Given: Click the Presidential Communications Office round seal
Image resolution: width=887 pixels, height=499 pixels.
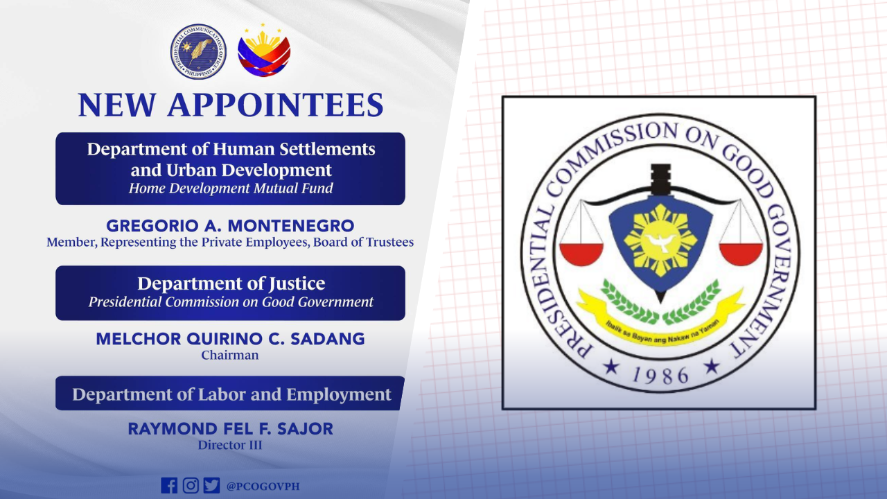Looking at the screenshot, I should click(198, 51).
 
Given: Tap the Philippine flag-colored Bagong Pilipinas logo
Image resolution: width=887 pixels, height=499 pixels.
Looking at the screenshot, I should click(264, 51).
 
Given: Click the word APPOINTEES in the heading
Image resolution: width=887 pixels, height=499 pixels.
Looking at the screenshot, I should click(275, 105).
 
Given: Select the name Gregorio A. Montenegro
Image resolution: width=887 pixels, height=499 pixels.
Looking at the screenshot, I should click(230, 226).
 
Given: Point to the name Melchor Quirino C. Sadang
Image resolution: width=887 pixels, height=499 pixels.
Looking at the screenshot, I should click(230, 340).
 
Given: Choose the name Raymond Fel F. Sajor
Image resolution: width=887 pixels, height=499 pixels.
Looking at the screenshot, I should click(230, 429).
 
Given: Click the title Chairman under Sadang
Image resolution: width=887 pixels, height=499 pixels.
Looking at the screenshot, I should click(230, 356).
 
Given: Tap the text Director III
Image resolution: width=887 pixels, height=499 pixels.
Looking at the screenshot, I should click(230, 445).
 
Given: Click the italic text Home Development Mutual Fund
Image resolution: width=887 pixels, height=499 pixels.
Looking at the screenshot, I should click(231, 189).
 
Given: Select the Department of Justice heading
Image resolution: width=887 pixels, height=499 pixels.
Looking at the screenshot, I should click(231, 283).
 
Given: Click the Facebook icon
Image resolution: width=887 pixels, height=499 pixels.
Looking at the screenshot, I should click(168, 485).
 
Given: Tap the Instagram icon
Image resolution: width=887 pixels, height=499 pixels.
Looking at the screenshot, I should click(191, 485).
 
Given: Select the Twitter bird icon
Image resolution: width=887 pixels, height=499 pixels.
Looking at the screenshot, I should click(211, 485).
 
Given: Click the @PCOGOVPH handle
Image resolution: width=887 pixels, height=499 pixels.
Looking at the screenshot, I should click(263, 486).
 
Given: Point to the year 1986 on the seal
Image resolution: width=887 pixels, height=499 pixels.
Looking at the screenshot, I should click(660, 374).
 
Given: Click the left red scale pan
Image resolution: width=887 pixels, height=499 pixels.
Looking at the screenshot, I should click(581, 254).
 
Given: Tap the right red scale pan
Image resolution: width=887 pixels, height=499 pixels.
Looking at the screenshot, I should click(740, 254).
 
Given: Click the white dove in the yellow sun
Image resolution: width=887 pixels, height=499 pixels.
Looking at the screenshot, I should click(660, 241).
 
